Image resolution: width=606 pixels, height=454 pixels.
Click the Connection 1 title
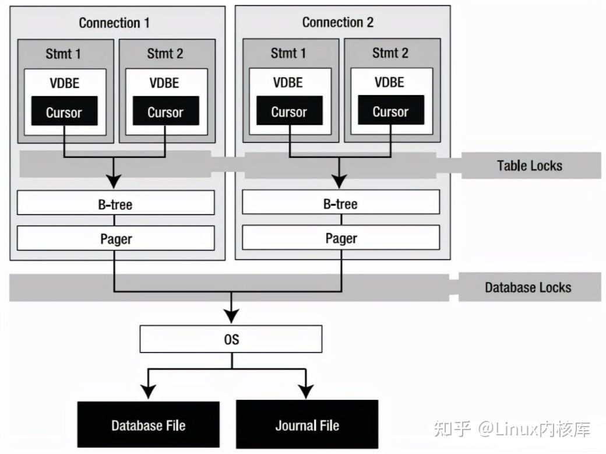(114, 23)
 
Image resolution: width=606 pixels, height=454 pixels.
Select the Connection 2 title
(337, 22)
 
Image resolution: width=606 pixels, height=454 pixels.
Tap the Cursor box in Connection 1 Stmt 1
(64, 112)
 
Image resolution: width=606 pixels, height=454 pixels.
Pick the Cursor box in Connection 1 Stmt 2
(165, 112)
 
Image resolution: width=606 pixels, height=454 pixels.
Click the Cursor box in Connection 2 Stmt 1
(289, 111)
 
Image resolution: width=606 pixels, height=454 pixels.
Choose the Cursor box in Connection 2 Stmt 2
(390, 111)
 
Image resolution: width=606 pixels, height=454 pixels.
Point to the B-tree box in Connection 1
(116, 203)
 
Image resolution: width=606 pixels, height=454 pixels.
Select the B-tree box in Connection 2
(340, 203)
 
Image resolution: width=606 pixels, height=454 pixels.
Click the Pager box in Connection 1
(116, 238)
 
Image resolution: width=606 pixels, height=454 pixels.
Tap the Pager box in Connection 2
(340, 238)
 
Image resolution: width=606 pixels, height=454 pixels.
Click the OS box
(231, 339)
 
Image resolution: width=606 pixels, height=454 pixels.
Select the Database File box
(148, 424)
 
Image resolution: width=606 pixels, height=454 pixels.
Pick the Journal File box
(307, 424)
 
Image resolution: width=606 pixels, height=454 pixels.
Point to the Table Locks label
(529, 166)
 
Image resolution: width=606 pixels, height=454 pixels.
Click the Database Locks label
(528, 287)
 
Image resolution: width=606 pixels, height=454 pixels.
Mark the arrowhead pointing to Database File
(149, 392)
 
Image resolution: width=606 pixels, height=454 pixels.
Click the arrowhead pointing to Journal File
(306, 392)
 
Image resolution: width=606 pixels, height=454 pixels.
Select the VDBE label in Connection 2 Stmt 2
(389, 82)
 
